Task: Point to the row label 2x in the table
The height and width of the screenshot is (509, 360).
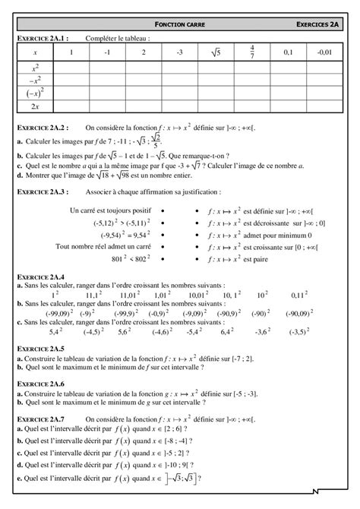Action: (35, 106)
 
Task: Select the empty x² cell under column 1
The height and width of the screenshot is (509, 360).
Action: (71, 68)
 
